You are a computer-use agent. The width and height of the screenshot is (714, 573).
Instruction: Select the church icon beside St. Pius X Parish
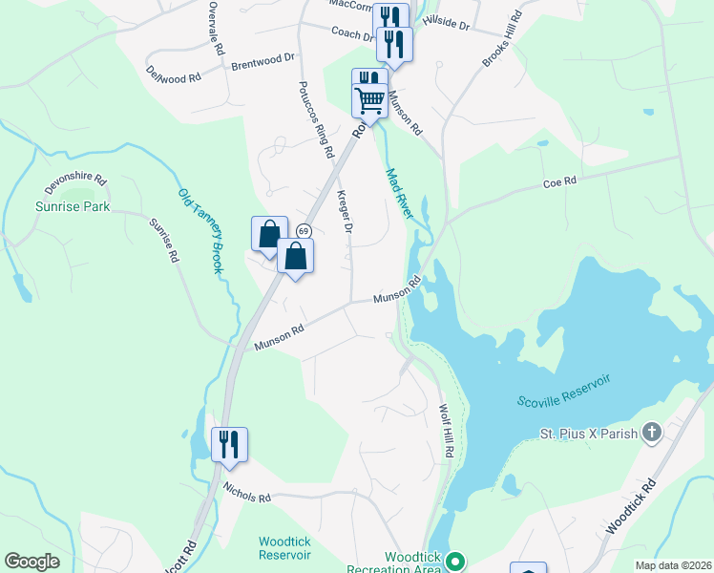[x=652, y=434]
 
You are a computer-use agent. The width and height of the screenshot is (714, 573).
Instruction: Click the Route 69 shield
[x=303, y=232]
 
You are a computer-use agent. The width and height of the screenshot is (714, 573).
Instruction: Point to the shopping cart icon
[x=369, y=98]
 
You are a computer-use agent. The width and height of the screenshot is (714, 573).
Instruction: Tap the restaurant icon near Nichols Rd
[x=229, y=444]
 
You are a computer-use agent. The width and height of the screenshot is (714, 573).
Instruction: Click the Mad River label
[x=399, y=194]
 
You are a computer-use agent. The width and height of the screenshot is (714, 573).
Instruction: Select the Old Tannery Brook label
[x=200, y=231]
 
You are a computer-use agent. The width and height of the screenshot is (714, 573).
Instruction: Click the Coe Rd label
[x=560, y=181]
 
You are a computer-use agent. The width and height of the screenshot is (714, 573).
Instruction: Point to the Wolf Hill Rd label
[x=444, y=431]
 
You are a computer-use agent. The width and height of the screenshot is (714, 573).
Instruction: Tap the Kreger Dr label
[x=345, y=212]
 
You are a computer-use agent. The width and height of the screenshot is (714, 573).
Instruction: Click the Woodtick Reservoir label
[x=284, y=548]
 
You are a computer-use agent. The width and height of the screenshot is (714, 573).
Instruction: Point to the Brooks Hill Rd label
[x=503, y=39]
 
